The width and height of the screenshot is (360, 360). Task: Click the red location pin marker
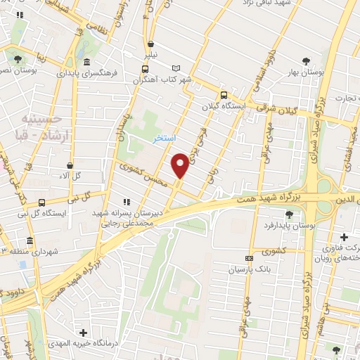(x=180, y=165)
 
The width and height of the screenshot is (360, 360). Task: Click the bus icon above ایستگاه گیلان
(x=224, y=95)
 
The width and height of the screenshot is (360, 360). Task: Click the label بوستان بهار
(x=308, y=72)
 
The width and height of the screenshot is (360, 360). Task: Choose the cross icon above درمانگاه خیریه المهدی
(x=84, y=332)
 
